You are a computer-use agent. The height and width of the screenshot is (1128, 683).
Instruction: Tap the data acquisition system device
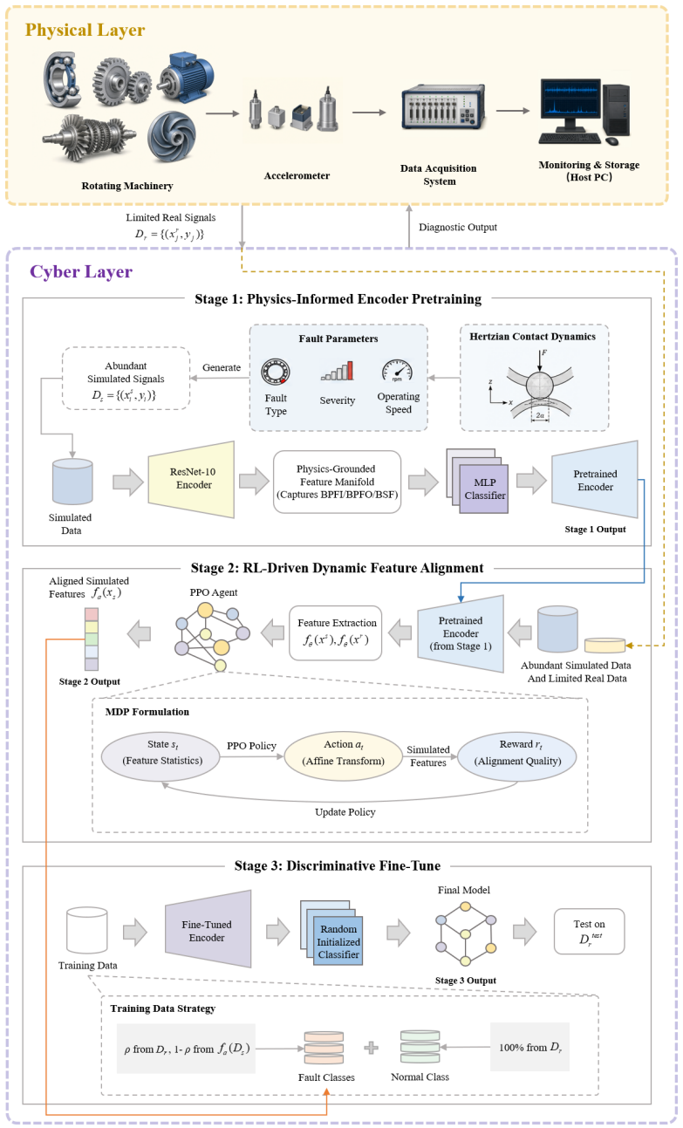[x=443, y=107]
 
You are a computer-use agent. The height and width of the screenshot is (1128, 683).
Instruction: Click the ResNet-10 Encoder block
[x=191, y=480]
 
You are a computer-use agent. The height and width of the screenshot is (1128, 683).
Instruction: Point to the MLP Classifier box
[x=483, y=489]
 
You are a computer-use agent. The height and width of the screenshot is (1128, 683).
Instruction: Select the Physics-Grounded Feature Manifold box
[x=337, y=482]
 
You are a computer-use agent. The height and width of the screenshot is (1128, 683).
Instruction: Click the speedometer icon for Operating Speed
[x=398, y=371]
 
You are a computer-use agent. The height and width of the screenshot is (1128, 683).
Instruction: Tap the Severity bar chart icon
[x=337, y=371]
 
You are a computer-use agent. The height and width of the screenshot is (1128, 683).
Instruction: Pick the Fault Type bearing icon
[x=276, y=373]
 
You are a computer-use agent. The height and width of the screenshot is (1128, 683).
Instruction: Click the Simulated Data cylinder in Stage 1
[x=72, y=482]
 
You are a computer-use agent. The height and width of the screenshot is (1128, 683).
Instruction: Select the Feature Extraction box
[x=336, y=633]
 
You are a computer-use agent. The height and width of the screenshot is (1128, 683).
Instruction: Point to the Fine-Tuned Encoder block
[x=208, y=930]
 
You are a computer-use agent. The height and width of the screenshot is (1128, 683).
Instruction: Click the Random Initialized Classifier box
[x=338, y=941]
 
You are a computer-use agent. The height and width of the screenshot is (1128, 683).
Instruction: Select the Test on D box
[x=590, y=931]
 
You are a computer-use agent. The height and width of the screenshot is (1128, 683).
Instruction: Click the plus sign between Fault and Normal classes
[x=372, y=1048]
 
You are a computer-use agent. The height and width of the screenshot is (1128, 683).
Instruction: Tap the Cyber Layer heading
[x=81, y=272]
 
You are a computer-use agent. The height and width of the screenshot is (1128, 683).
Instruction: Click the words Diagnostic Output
[x=458, y=227]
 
